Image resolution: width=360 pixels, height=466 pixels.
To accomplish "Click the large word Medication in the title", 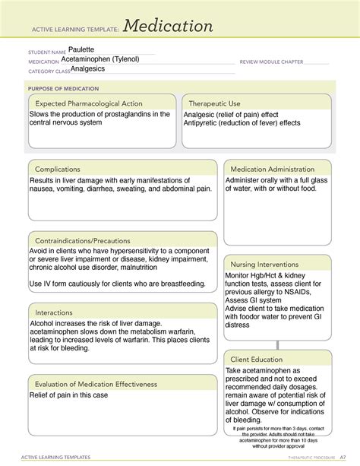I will tap(168, 27).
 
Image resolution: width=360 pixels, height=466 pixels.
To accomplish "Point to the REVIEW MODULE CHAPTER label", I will tap(271, 62).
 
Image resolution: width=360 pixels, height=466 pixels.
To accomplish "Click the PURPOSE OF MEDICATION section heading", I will tap(59, 88).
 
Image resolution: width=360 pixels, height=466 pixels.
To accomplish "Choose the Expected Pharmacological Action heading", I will tap(87, 103).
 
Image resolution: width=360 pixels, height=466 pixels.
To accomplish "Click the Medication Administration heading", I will tap(272, 169).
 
